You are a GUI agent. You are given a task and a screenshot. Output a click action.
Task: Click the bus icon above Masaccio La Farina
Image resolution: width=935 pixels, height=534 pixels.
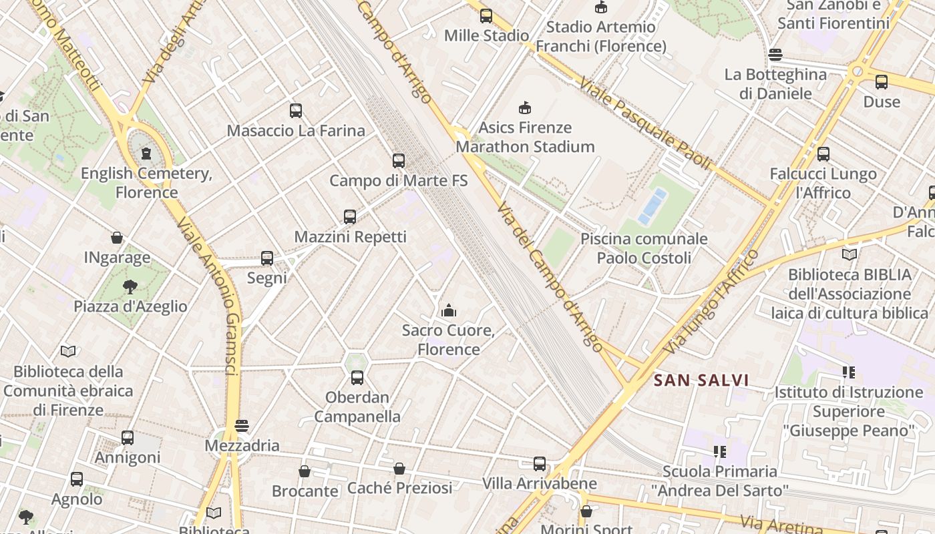coord(296,111)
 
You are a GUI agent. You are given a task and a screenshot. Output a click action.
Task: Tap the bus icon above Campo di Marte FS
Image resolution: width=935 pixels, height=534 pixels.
coord(399,161)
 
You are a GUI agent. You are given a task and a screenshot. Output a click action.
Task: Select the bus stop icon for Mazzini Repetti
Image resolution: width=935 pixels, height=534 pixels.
coord(350,217)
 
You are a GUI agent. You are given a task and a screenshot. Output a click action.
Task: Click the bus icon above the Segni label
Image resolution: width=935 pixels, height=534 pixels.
coord(267,258)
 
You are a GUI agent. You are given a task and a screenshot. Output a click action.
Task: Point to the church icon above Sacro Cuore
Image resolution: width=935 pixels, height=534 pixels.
coord(449,310)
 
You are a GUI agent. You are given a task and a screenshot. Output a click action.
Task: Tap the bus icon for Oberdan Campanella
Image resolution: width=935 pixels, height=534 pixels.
coord(357,378)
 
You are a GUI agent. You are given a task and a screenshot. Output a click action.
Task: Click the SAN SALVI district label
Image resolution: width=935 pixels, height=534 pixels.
coord(701,380)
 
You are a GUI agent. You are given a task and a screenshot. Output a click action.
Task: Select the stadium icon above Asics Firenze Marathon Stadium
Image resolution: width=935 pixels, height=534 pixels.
coord(525,107)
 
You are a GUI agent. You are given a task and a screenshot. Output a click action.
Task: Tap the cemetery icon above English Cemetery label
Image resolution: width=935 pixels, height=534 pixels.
coord(146,154)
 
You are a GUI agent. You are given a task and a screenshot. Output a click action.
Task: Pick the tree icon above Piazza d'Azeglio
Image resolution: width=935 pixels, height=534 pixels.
coord(130,287)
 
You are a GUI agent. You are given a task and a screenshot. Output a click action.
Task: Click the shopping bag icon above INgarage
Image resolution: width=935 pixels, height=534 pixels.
coord(117,238)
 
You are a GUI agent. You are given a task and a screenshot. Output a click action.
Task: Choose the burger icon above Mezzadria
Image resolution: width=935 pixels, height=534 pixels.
coord(242,426)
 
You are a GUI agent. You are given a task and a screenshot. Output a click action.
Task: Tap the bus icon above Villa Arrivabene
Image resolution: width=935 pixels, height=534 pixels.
coord(540,464)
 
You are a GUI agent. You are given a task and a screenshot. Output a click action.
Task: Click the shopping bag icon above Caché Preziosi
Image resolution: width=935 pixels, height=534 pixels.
coord(399,469)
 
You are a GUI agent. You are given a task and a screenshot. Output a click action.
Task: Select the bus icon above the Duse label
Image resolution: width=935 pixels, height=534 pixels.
coord(882,82)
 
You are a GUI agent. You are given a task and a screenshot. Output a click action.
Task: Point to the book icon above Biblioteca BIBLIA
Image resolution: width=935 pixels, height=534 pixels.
coord(850,254)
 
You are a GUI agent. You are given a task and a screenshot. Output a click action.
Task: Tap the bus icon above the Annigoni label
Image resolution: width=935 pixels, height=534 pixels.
coord(128,438)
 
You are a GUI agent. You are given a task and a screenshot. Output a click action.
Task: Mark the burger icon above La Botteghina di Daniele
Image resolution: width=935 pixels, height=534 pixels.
coord(775,55)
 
